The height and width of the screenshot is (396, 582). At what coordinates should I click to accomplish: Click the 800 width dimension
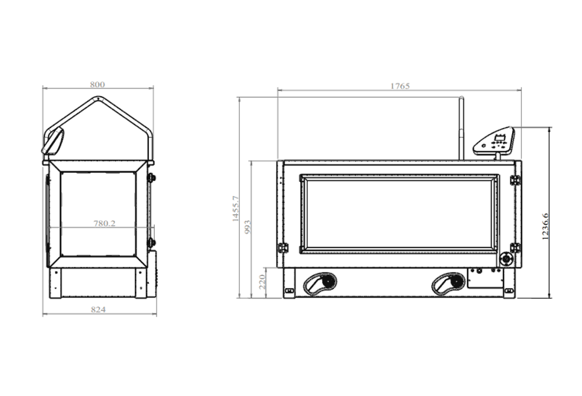[97, 84]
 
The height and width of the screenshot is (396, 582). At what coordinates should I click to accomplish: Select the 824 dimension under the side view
[98, 309]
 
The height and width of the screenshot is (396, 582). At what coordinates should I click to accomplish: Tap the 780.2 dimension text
[104, 224]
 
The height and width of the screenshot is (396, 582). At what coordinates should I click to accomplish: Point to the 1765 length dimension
[400, 86]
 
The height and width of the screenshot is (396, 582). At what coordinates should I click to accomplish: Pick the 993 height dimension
[247, 227]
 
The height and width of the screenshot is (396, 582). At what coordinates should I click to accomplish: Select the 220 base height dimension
[262, 282]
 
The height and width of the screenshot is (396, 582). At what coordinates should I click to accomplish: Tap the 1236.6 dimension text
[545, 227]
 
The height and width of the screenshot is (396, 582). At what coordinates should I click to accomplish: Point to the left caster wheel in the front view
[320, 282]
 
